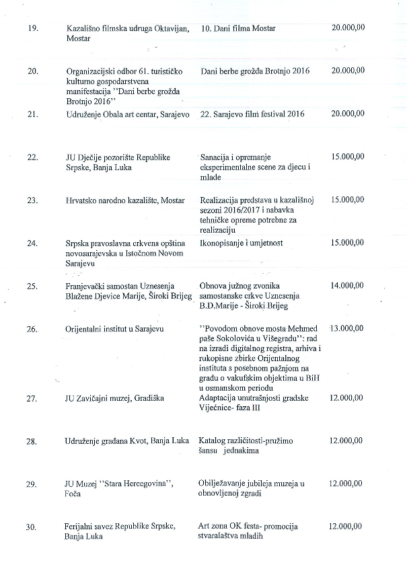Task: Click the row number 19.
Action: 31,29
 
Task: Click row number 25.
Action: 31,286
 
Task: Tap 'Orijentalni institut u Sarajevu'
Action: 115,329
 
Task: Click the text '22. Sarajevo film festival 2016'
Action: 252,114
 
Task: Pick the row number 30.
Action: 31,527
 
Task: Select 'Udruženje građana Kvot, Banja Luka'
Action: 127,441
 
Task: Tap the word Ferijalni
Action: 81,527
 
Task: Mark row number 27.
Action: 31,398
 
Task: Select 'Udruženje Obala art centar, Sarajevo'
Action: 128,114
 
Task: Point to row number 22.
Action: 31,157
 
